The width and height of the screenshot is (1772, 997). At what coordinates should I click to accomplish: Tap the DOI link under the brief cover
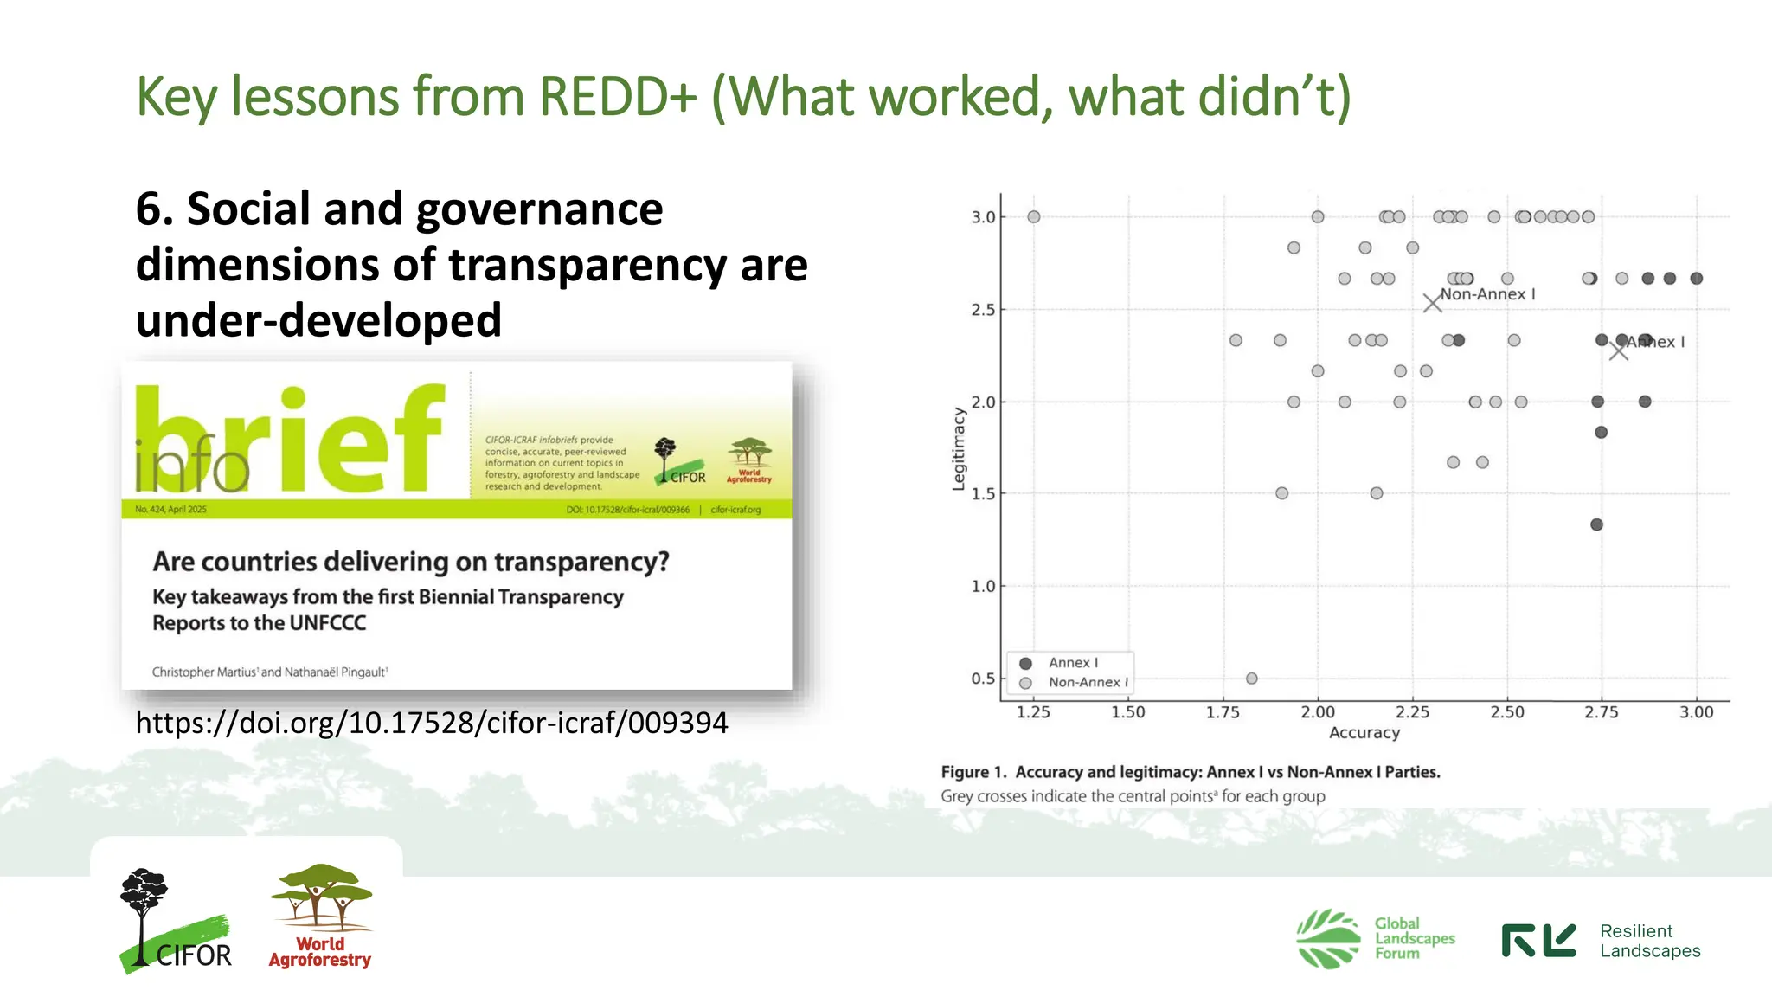coord(431,723)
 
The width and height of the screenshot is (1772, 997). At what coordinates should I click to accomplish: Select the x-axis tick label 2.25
coord(1412,712)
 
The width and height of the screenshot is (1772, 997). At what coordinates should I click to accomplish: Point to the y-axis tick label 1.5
coord(982,494)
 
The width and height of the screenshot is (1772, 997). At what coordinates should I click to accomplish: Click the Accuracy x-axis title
coord(1364,733)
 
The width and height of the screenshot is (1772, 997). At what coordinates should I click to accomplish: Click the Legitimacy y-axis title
coord(958,448)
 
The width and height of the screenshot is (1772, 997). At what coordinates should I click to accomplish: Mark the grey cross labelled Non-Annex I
coord(1432,303)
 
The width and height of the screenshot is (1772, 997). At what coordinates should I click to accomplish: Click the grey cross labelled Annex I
coord(1618,351)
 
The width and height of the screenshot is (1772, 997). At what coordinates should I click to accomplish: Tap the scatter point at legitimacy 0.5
coord(1251,679)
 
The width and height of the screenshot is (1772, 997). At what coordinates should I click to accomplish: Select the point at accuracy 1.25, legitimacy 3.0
coord(1033,217)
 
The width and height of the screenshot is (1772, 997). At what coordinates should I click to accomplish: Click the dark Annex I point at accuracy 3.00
coord(1696,279)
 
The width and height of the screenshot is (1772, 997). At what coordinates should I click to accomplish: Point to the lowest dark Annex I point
coord(1596,524)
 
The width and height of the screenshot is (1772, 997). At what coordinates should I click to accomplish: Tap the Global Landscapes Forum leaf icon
coord(1327,938)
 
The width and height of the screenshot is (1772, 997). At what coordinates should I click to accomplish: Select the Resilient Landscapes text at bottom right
coord(1649,941)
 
